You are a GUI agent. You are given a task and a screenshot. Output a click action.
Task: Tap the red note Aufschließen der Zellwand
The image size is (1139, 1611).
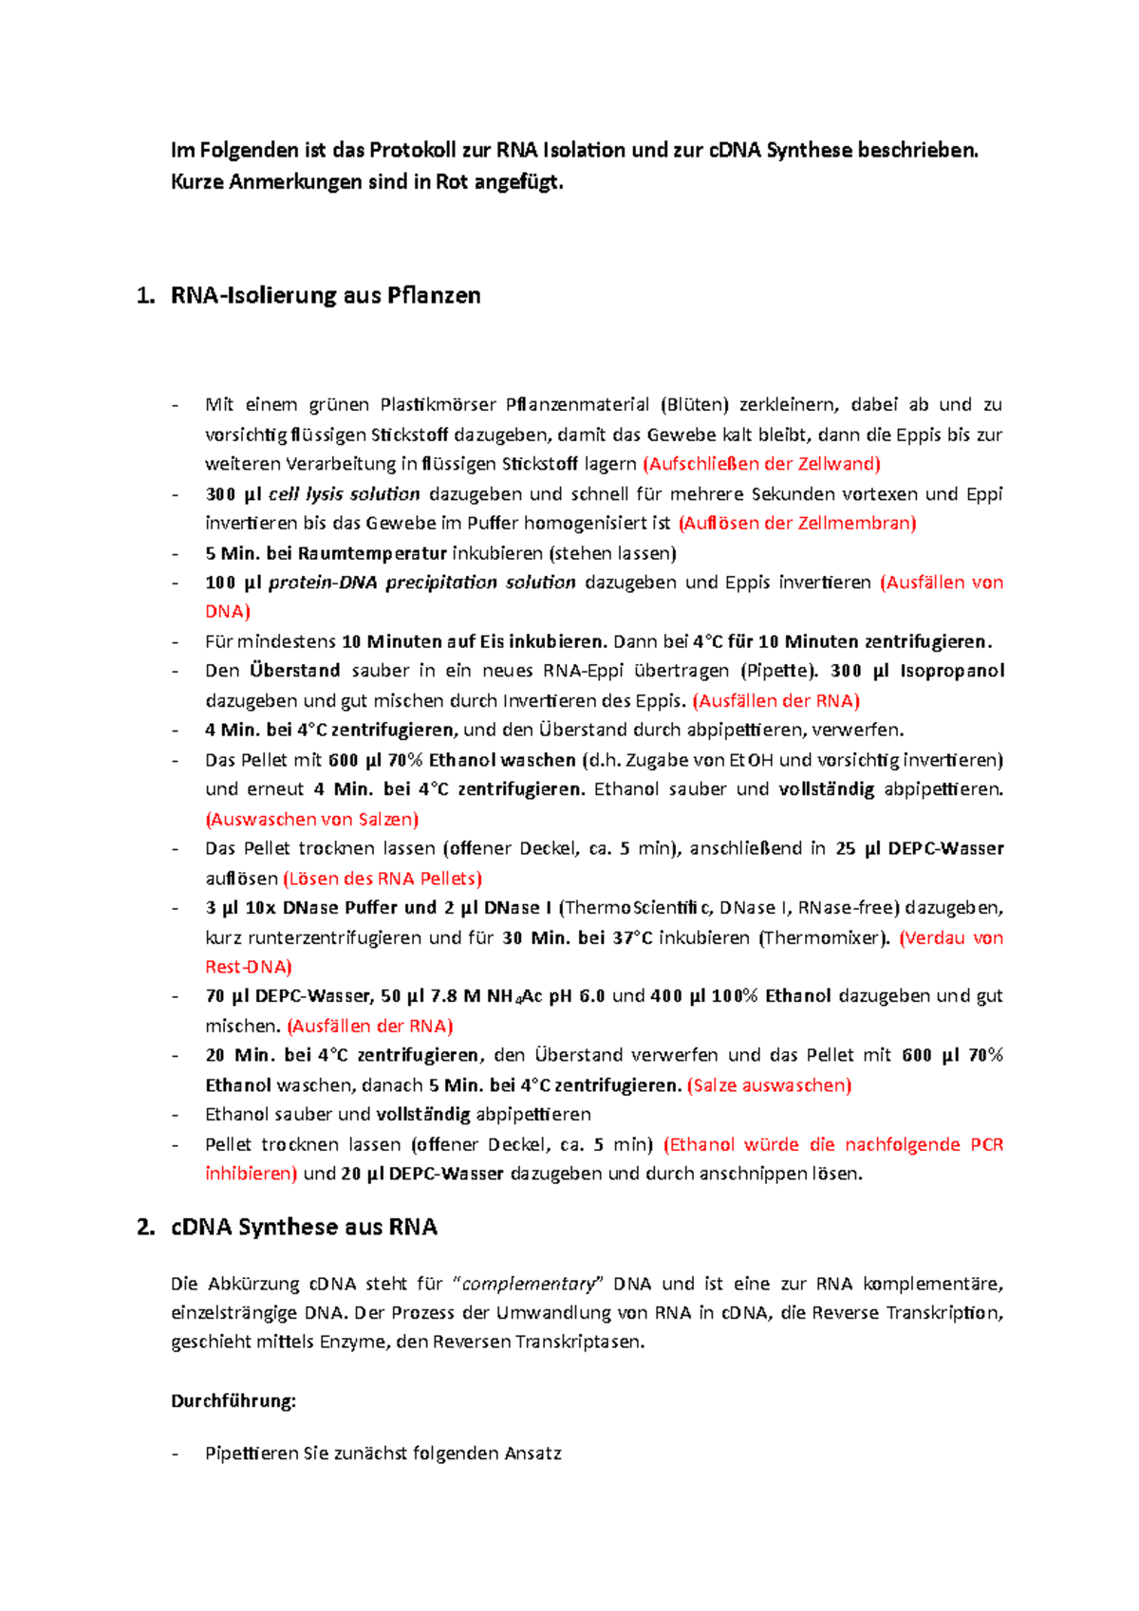click(x=761, y=464)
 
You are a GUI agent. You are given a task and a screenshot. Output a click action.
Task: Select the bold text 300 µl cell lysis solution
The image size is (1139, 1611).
click(x=312, y=494)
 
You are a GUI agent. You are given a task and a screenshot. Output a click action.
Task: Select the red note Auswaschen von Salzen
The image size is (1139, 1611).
click(x=311, y=819)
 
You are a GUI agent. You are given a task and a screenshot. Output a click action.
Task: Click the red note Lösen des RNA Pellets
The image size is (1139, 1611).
click(x=383, y=879)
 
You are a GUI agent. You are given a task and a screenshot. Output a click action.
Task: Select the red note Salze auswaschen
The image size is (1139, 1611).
click(x=769, y=1085)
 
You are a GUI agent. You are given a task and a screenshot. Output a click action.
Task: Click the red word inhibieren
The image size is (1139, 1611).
click(x=251, y=1174)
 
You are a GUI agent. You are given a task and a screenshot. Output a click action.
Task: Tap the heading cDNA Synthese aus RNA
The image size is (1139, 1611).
click(x=304, y=1228)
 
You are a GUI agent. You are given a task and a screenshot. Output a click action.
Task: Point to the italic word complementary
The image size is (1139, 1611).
click(x=529, y=1285)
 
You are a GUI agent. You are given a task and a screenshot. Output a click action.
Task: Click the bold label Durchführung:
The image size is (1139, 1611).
click(x=233, y=1401)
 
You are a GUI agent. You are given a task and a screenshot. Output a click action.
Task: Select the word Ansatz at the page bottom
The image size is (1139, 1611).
click(x=532, y=1454)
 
